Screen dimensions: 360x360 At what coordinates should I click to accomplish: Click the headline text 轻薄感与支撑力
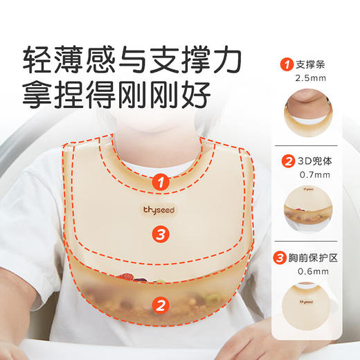132,60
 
